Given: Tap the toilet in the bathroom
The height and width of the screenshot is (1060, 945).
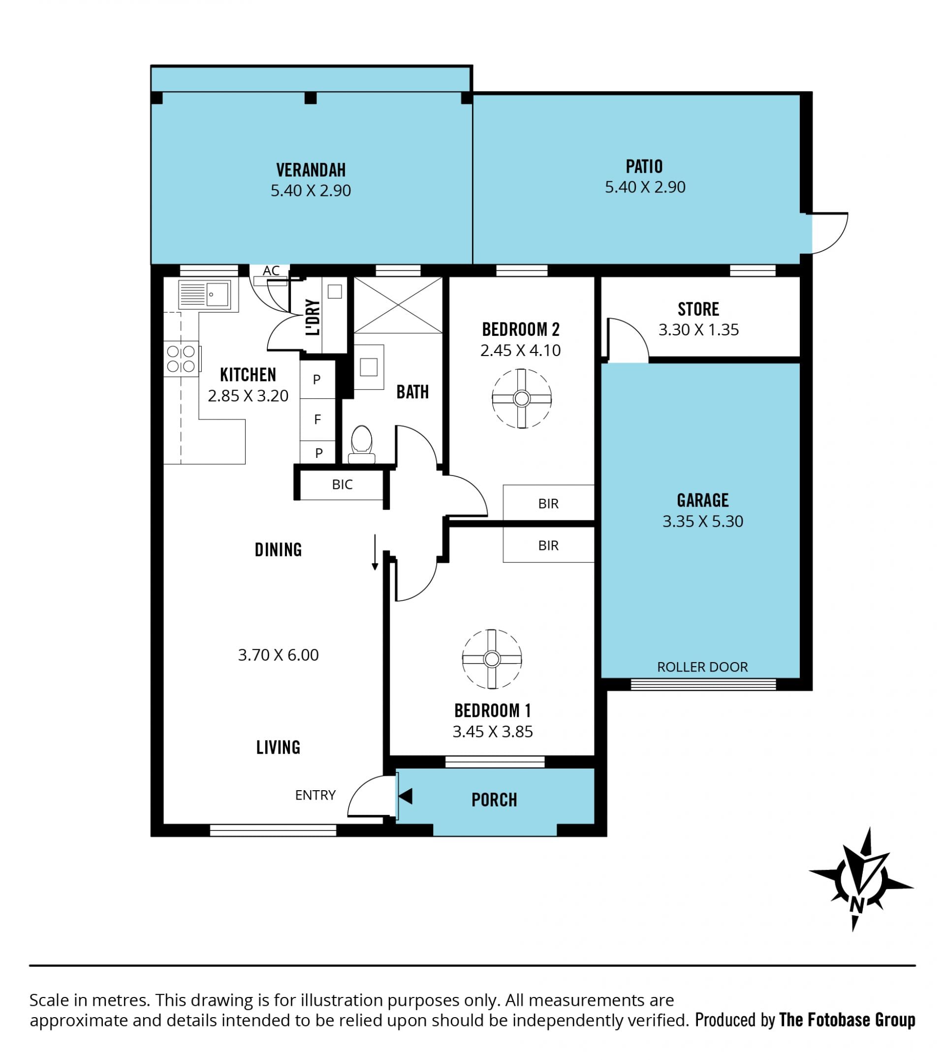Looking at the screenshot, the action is coord(361,445).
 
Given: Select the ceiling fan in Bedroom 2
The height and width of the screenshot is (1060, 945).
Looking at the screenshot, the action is coord(521,399).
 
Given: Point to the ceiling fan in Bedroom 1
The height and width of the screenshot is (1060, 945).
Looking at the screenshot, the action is coord(492,659).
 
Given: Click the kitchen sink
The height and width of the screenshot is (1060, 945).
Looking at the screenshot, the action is coord(204,295).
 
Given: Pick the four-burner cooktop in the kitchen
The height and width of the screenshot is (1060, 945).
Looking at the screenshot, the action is coord(181,359).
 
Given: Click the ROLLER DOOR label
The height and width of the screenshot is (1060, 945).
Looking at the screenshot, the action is coord(702,667).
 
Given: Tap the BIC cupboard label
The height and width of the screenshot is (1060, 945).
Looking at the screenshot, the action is coord(342,484).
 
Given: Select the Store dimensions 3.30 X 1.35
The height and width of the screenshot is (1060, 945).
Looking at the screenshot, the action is coord(698,330).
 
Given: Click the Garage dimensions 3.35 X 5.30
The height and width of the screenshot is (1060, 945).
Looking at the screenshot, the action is coord(702,521).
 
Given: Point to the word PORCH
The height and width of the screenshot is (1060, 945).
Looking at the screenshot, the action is coord(494,800).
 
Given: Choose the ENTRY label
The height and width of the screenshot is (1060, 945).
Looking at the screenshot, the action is coord(315,795).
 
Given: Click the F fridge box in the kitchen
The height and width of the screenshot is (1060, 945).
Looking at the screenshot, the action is coord(317,419).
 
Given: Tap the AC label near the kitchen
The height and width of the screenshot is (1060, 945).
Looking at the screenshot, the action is coord(271,271).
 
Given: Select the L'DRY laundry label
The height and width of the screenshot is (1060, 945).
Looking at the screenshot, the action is coord(313,317).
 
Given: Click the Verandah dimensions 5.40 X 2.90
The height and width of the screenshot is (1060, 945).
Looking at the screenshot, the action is coord(311,191).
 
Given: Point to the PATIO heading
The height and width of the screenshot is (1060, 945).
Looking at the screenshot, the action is coord(644,167).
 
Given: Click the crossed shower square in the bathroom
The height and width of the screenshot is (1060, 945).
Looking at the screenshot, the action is coord(398,305).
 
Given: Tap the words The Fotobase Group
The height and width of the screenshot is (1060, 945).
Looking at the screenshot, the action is coord(848,1021).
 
